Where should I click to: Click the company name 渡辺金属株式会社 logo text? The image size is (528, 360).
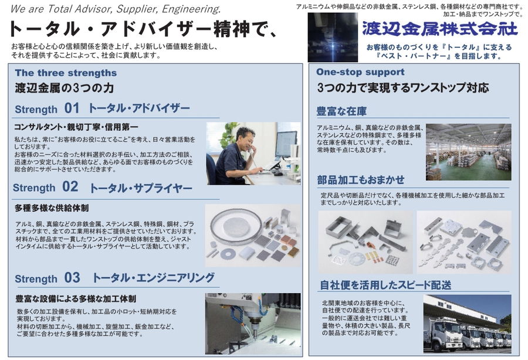pos(440,29)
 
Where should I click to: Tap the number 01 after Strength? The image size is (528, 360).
pos(72,108)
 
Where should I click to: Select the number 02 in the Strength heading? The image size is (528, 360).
pos(70,186)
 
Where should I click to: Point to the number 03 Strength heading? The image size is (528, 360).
pos(72,277)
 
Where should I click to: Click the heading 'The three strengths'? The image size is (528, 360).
pos(66,73)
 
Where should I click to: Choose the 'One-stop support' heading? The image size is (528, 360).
pos(360,72)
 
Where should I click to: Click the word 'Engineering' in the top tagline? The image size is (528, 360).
pos(191,9)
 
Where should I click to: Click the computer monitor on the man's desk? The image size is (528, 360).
pos(286,144)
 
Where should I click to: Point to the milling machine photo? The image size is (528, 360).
pos(253,323)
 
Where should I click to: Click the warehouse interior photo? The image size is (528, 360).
pos(468,152)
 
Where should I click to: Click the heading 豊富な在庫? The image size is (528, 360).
pos(341,111)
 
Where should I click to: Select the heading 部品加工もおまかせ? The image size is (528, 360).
pos(361,180)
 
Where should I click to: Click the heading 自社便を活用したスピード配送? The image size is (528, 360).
pos(385,285)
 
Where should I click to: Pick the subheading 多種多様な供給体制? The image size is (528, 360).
pos(52,208)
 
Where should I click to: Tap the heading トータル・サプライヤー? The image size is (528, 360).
pos(141,188)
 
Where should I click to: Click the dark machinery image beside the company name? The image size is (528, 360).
pos(333,38)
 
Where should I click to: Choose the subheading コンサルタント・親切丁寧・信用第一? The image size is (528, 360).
pos(76,127)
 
